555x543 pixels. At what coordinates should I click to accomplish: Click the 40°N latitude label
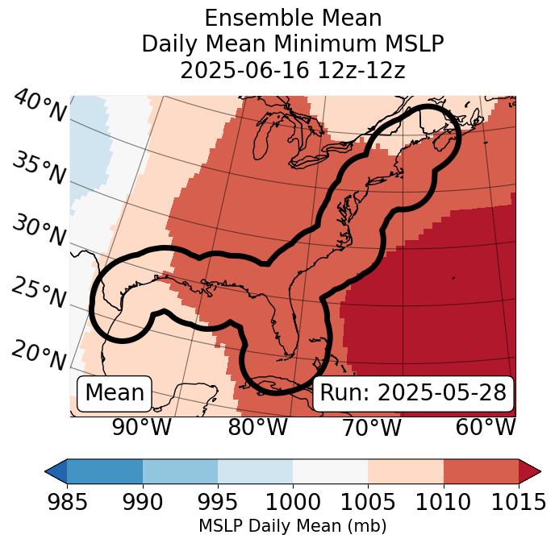point(40,107)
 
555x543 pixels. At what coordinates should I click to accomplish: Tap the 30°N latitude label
point(39,230)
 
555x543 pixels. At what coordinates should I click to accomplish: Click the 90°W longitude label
point(141,427)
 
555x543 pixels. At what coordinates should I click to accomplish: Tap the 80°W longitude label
point(257,427)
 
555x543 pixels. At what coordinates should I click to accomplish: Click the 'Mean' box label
point(115,393)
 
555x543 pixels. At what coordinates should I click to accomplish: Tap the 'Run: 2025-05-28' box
point(413,393)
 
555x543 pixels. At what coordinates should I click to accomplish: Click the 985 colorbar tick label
point(67,503)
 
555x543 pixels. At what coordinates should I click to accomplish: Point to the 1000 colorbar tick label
point(293,503)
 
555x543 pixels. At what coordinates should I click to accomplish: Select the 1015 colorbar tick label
point(518,503)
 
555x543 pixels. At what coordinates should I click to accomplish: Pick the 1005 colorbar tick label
point(368,503)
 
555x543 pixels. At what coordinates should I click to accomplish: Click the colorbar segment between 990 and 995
point(180,470)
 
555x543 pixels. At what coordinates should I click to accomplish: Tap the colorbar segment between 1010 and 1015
point(481,470)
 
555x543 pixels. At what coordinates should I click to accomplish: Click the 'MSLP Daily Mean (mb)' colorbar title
point(292,526)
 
